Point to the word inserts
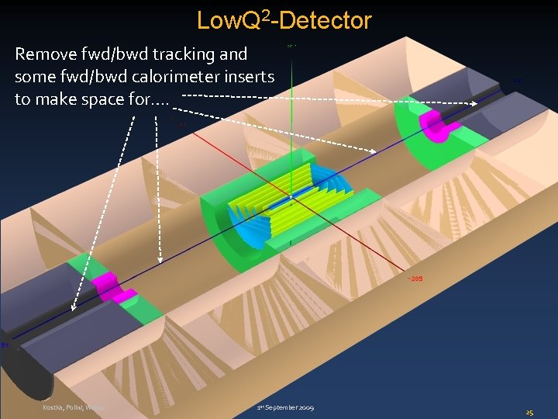[x=249, y=77]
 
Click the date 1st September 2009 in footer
[x=286, y=407]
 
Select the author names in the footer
[x=74, y=407]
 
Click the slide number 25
[x=530, y=412]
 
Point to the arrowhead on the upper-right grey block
[x=474, y=104]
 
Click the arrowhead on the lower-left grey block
[x=74, y=308]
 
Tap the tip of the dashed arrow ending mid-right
[x=376, y=151]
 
